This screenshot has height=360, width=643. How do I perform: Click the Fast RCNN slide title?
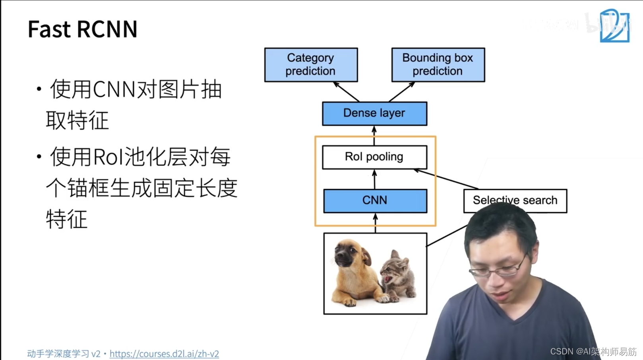coord(82,29)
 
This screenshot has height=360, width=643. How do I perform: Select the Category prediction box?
coord(311,65)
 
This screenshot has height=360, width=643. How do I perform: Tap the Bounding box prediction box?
coord(438,65)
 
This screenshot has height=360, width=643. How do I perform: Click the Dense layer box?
coord(374,113)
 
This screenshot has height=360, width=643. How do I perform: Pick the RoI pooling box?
coord(374,157)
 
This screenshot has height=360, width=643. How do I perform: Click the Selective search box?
coord(515,200)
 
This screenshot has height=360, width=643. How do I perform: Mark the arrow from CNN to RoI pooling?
coord(374,179)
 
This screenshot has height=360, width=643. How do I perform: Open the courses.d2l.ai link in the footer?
coord(164,354)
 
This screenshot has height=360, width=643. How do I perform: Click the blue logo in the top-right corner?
coord(614,26)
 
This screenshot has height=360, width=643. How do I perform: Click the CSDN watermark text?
coord(593,352)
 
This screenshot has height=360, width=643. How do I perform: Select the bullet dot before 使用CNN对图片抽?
coord(39,89)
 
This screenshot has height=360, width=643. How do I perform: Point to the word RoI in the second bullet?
coord(108,157)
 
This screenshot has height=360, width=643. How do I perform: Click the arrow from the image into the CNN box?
coord(375,223)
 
